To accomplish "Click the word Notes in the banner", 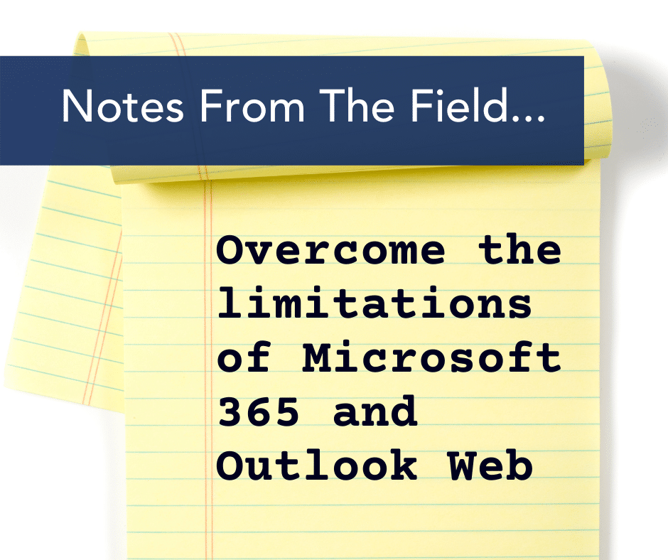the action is click(x=123, y=106).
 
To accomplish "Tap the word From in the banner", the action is click(x=252, y=106).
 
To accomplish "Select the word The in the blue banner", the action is click(x=357, y=106).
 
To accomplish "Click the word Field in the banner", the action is click(x=459, y=105).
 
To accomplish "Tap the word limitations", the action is click(x=375, y=303).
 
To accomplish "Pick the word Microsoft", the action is click(x=431, y=357).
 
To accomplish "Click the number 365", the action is click(x=258, y=411).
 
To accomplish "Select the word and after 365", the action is click(x=375, y=410).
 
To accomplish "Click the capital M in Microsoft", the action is click(x=316, y=358).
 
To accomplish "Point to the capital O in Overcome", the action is click(x=230, y=250).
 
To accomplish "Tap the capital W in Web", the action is click(x=461, y=465).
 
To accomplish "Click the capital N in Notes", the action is click(x=76, y=106).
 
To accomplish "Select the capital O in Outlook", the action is click(x=230, y=465).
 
